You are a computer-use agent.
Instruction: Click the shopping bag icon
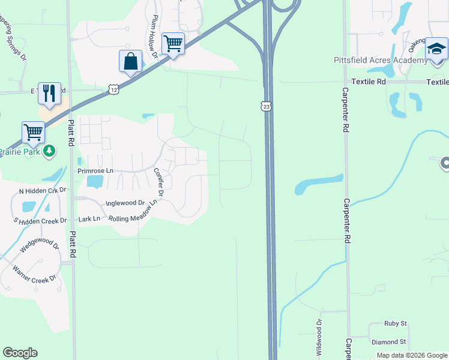click(x=130, y=61)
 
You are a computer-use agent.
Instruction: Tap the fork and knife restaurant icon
click(x=49, y=94)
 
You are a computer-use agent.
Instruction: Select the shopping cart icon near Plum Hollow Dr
click(x=173, y=44)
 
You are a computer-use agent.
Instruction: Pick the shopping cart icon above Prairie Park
click(x=33, y=132)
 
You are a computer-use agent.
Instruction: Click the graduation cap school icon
click(x=436, y=48)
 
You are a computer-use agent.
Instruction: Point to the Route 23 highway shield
click(x=266, y=106)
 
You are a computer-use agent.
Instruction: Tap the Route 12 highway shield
click(x=114, y=89)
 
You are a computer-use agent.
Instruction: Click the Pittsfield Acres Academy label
click(x=381, y=60)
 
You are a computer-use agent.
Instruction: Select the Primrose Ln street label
click(x=95, y=170)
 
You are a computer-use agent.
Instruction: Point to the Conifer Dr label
click(x=159, y=181)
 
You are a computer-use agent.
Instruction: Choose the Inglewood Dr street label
click(x=125, y=203)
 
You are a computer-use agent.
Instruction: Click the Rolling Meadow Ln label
click(x=133, y=211)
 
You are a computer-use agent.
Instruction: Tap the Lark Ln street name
click(x=89, y=219)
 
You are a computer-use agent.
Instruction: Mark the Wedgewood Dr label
click(x=39, y=246)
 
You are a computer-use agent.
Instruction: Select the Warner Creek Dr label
click(x=34, y=273)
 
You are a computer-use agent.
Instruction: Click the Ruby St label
click(x=396, y=323)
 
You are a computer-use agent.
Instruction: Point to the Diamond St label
click(x=389, y=341)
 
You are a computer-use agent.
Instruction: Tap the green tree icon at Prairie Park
click(x=50, y=150)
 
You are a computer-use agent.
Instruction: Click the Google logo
click(x=20, y=352)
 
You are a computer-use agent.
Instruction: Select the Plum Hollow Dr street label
click(x=154, y=37)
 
